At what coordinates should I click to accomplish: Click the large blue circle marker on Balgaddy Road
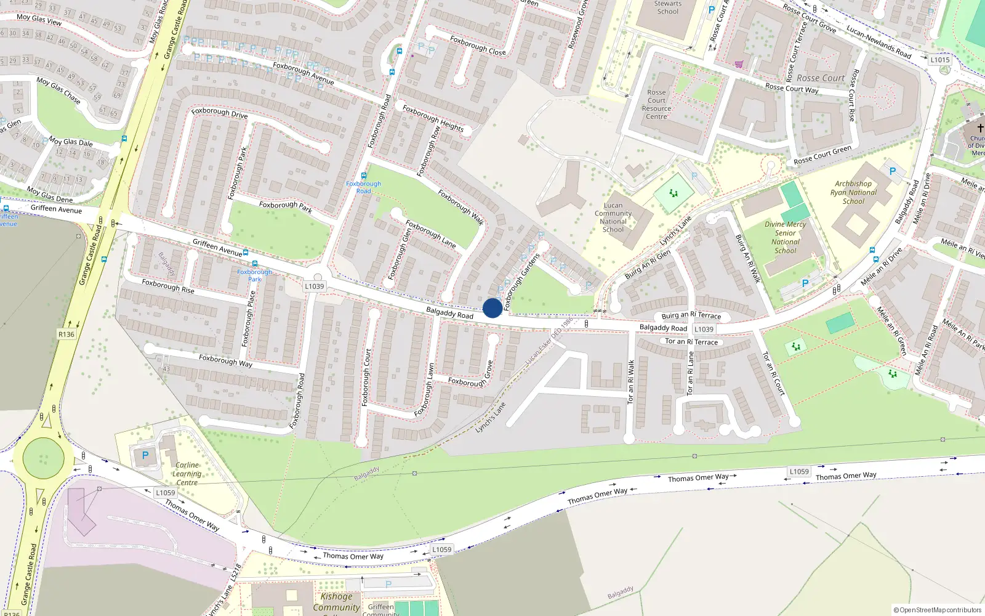[492, 308]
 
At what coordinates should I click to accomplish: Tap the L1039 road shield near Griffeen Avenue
[314, 286]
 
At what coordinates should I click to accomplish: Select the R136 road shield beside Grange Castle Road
[66, 334]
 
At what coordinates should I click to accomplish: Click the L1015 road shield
[940, 60]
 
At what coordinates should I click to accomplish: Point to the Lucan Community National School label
[613, 217]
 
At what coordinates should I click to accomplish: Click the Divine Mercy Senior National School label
[785, 237]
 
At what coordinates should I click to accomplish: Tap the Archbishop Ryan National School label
[853, 192]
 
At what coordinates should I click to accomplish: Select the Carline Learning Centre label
[187, 474]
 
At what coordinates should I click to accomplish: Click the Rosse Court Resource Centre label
[656, 105]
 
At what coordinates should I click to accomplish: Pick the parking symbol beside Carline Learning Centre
[145, 456]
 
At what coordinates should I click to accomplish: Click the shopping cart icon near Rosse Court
[739, 64]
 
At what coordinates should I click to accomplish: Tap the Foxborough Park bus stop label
[254, 275]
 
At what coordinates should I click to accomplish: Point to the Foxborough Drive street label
[219, 113]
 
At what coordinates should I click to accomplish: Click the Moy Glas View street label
[39, 20]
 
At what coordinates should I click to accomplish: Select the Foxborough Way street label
[225, 360]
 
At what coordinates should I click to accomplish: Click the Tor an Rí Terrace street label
[691, 342]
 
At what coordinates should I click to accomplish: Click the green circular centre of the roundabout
[43, 458]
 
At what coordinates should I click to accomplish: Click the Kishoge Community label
[336, 602]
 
